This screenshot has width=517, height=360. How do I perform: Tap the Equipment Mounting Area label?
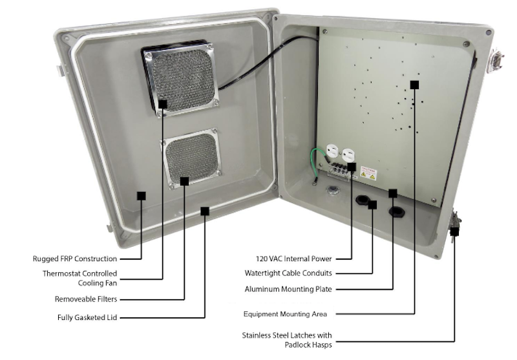coord(285,314)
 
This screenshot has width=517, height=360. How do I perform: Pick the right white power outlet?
coord(349,156)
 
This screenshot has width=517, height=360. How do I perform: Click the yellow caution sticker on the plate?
coord(368,172)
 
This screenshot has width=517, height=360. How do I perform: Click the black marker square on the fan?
coord(162,103)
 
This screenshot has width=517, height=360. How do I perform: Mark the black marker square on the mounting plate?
coord(414,85)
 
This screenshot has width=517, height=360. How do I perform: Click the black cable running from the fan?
coord(258,61)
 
